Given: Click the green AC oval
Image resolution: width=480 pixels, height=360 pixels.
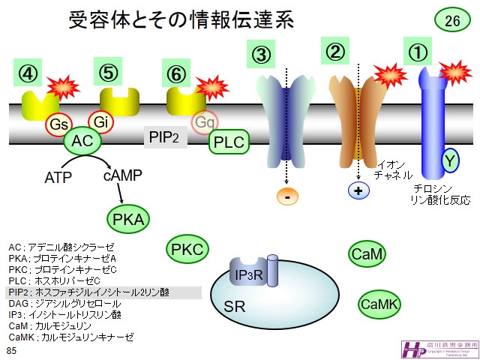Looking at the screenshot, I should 82,140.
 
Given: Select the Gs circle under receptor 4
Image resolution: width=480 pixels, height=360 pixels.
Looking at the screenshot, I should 58,124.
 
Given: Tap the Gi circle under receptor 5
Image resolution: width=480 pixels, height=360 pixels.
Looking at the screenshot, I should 100,120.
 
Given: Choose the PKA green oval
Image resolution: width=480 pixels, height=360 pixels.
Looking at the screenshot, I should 128,219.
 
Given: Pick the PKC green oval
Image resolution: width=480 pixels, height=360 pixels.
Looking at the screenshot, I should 187,250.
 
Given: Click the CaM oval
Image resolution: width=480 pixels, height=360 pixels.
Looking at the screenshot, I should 367,255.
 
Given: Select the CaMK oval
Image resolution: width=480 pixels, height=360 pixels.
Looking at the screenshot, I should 379,304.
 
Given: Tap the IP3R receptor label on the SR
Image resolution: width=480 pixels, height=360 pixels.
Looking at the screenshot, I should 247,276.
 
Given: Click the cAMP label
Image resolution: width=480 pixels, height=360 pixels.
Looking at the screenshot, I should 122,175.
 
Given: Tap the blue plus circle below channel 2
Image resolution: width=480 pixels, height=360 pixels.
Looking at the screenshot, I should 358,190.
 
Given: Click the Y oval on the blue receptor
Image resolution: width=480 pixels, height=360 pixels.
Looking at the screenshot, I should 450,160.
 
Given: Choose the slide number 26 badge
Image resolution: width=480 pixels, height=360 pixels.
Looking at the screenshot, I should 452,21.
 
